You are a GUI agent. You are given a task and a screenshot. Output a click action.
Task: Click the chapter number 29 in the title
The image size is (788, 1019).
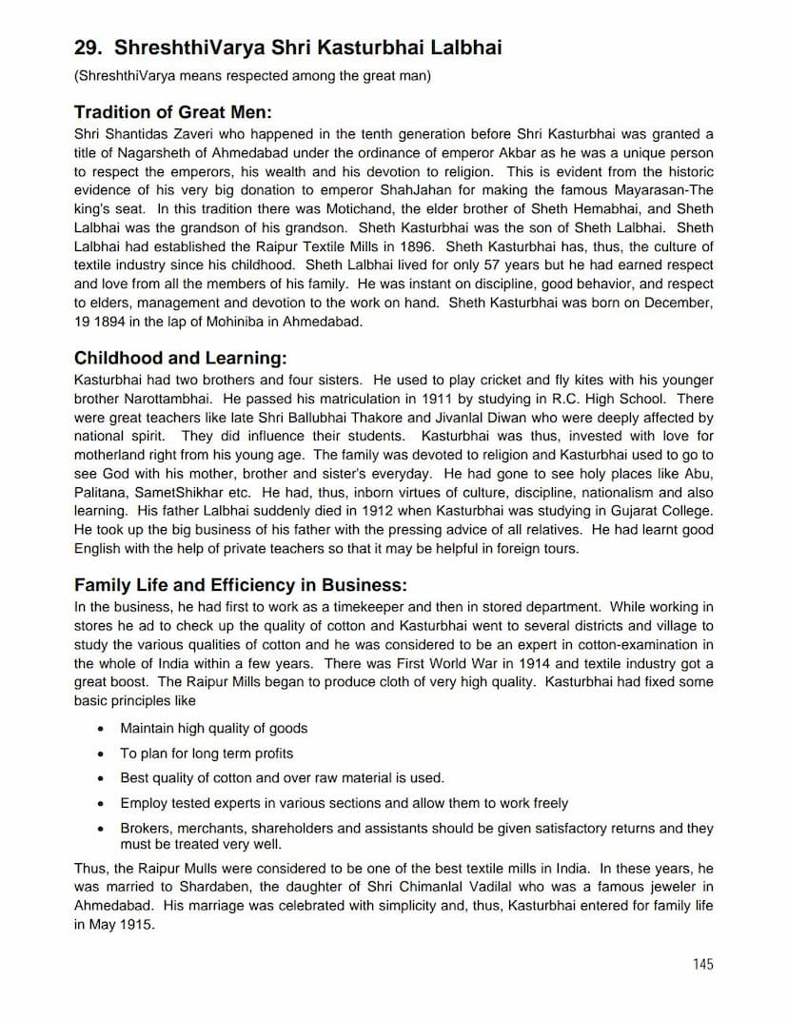(x=86, y=48)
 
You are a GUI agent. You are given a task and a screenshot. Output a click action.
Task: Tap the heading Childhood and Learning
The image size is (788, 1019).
(x=180, y=359)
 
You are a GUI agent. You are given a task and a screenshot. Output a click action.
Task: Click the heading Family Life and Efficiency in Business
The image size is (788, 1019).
(x=240, y=585)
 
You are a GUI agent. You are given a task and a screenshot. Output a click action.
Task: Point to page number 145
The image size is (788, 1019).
(x=702, y=964)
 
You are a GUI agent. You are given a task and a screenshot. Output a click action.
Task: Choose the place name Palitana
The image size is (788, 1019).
(x=102, y=493)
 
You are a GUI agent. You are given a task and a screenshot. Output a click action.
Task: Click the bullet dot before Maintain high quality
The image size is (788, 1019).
(x=101, y=729)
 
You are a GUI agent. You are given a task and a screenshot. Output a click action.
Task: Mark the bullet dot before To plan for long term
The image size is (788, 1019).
(x=101, y=754)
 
